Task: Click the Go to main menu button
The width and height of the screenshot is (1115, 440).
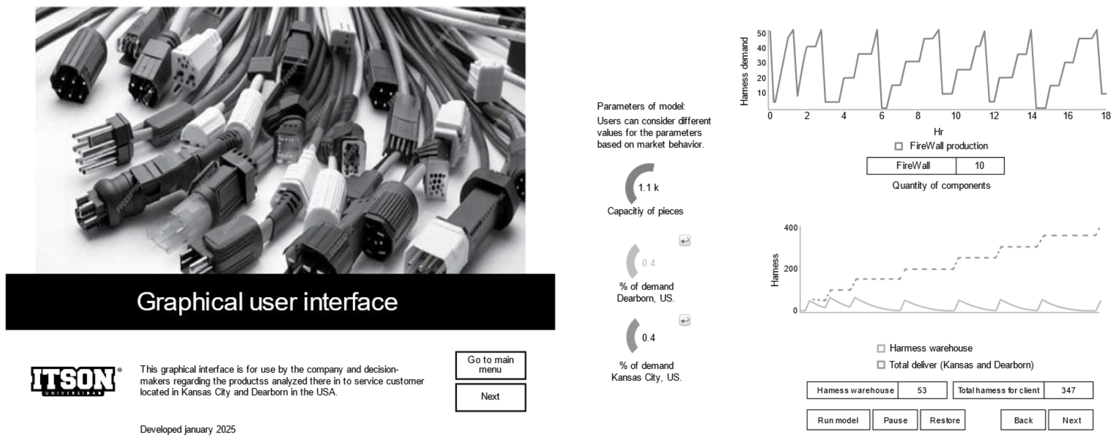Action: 490,365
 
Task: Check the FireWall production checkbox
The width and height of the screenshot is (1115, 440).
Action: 899,146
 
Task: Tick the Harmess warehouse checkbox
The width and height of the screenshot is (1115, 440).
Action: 881,348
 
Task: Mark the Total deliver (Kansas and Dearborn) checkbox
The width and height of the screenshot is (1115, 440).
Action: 881,365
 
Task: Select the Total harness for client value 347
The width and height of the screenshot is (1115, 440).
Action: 1068,390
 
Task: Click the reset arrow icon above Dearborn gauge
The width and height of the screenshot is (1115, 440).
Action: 684,240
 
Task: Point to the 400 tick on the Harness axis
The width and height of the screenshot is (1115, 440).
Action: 790,228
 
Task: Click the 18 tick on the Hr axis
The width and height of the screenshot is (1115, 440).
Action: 1105,116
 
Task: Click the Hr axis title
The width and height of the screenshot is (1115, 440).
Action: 938,132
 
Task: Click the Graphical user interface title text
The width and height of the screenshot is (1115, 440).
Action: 267,301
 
